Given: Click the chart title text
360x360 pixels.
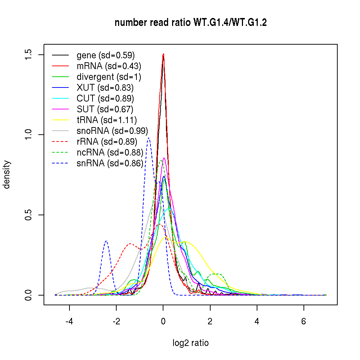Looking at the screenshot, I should coord(190,23).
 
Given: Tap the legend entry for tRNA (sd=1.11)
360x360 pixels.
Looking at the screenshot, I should coord(107,120).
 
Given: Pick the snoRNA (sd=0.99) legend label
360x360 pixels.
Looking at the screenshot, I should coord(112,131).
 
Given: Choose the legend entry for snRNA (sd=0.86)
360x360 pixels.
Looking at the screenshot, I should coord(110,163).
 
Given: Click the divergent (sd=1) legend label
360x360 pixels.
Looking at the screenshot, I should coord(109,77).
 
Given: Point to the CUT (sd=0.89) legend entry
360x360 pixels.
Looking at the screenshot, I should coord(105,98).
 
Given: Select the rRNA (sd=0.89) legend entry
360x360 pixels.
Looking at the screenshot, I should coord(107,141).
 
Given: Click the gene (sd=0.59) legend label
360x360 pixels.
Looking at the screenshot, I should coord(105,55).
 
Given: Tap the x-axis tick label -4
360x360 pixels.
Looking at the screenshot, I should coord(69,321).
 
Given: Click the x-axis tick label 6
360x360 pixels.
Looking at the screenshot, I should coord(303,321).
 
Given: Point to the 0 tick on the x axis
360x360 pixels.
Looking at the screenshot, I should coord(163,321).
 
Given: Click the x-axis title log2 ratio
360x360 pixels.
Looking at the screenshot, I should coord(190,343).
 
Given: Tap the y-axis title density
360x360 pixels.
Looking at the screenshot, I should coord(7,175).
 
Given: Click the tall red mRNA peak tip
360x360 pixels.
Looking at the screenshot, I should coord(163,54).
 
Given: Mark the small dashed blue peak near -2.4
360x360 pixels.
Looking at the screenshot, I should coord(106,241).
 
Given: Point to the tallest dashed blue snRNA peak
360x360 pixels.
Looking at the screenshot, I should coord(149,138).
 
